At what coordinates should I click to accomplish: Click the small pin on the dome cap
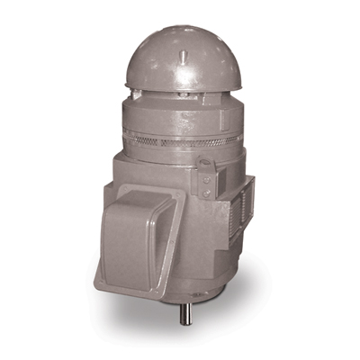[185, 55]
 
